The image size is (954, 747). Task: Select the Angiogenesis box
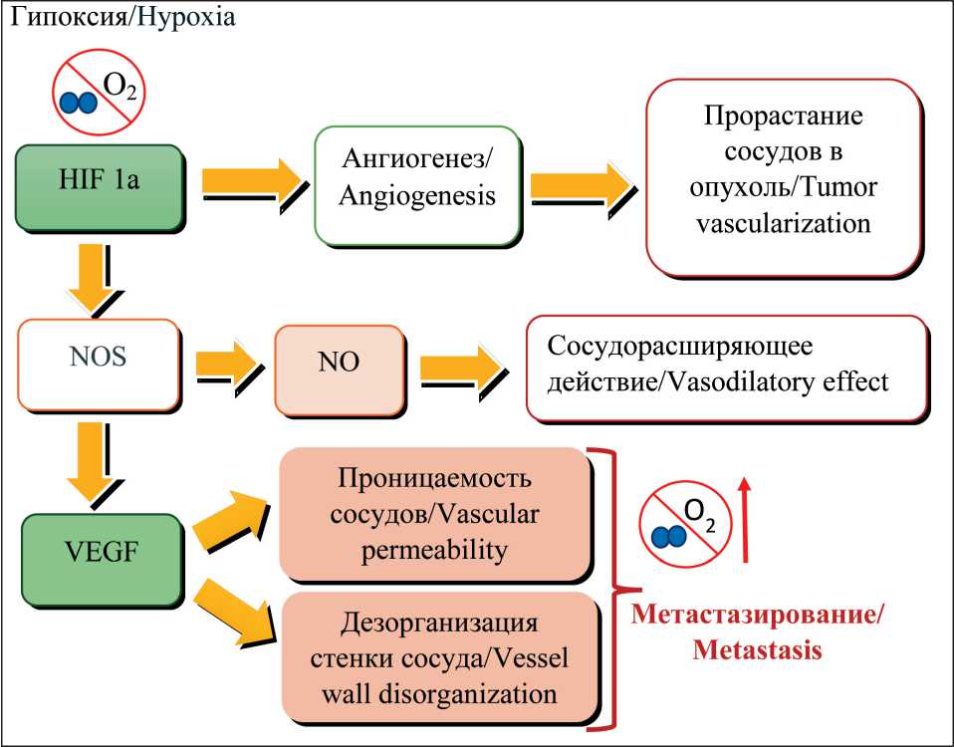(415, 182)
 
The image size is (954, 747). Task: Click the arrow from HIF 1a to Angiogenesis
(253, 183)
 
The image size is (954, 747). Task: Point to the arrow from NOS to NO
(232, 366)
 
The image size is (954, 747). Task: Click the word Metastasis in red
(756, 651)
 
